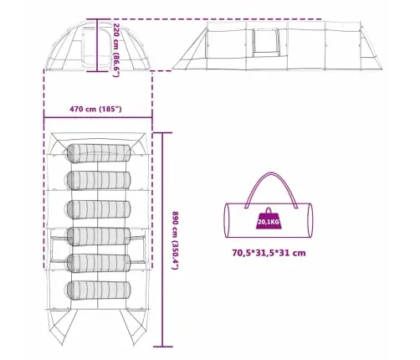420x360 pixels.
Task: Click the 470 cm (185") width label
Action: coord(95,109)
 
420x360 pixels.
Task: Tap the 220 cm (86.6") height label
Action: coord(116,50)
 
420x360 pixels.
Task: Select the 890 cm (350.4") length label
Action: coord(175,240)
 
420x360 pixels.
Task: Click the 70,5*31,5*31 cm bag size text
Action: coord(269,253)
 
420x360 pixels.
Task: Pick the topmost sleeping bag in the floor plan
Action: coord(99,153)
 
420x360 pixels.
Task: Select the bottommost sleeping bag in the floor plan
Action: coord(99,291)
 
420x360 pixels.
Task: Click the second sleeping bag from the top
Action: coord(99,181)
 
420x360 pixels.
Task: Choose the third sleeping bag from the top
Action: coord(99,209)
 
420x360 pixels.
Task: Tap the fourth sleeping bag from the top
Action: coord(99,237)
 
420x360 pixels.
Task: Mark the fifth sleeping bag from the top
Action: coord(99,263)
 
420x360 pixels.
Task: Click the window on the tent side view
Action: coord(266,43)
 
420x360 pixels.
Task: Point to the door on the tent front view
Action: coord(96,47)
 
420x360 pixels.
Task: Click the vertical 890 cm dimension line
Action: coord(163,239)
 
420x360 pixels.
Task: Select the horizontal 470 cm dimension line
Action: coord(98,117)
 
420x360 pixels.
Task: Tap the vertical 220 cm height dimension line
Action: coord(97,45)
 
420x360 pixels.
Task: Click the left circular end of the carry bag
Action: coord(227,220)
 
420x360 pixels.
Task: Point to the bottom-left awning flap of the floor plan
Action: coord(61,327)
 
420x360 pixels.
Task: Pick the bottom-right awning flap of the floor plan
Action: coord(135,327)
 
